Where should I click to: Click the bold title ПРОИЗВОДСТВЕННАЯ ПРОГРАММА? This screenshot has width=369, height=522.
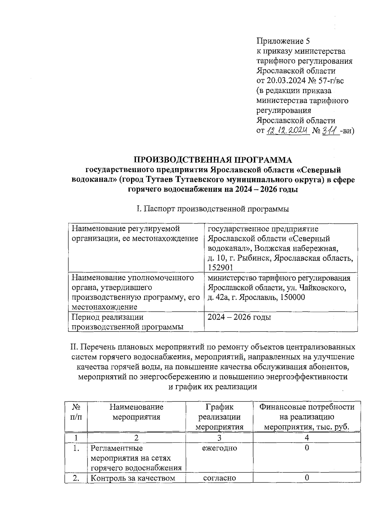click(213, 160)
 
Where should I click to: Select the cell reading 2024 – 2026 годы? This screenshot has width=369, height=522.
click(239, 317)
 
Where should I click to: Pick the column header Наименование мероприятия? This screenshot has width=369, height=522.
click(136, 412)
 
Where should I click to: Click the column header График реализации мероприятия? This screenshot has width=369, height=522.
click(219, 417)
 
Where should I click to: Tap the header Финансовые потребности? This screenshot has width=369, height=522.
click(307, 407)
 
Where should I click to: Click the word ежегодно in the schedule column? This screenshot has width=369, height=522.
click(219, 448)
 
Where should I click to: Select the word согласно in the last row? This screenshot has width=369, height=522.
click(219, 478)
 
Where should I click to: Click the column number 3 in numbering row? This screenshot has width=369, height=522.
click(219, 438)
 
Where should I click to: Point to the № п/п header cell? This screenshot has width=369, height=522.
click(76, 412)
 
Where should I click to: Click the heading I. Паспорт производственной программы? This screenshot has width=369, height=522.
click(213, 209)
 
